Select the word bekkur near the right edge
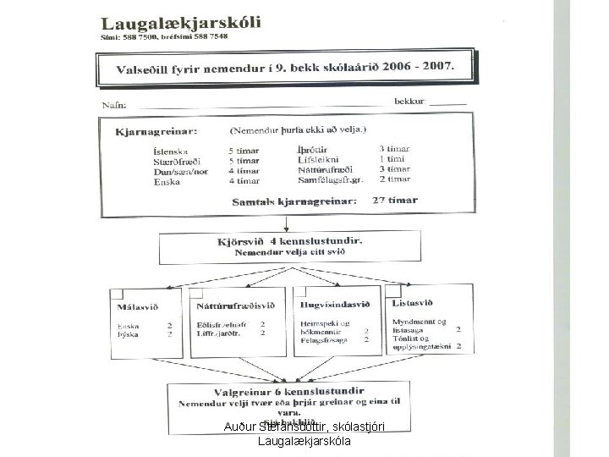(x=410, y=102)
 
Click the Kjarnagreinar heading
(x=157, y=132)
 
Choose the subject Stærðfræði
(x=176, y=160)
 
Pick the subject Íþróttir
(x=314, y=149)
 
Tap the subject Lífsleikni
(x=318, y=159)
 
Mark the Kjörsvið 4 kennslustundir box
(x=289, y=246)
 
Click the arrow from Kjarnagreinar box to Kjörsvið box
(x=288, y=223)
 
